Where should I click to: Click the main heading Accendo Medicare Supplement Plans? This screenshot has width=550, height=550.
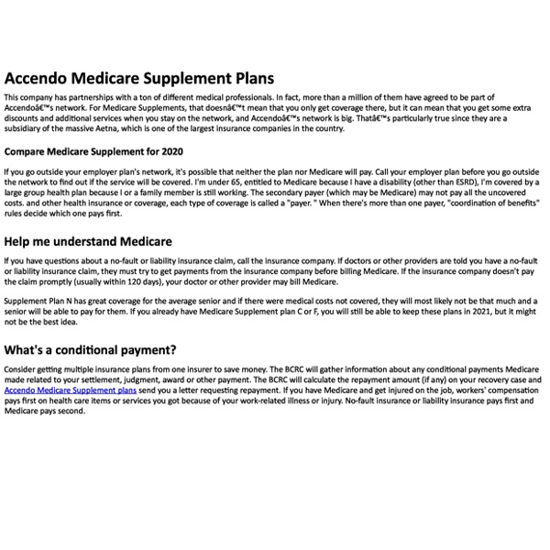pyautogui.click(x=138, y=79)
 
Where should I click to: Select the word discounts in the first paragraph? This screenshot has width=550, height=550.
pyautogui.click(x=27, y=116)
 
